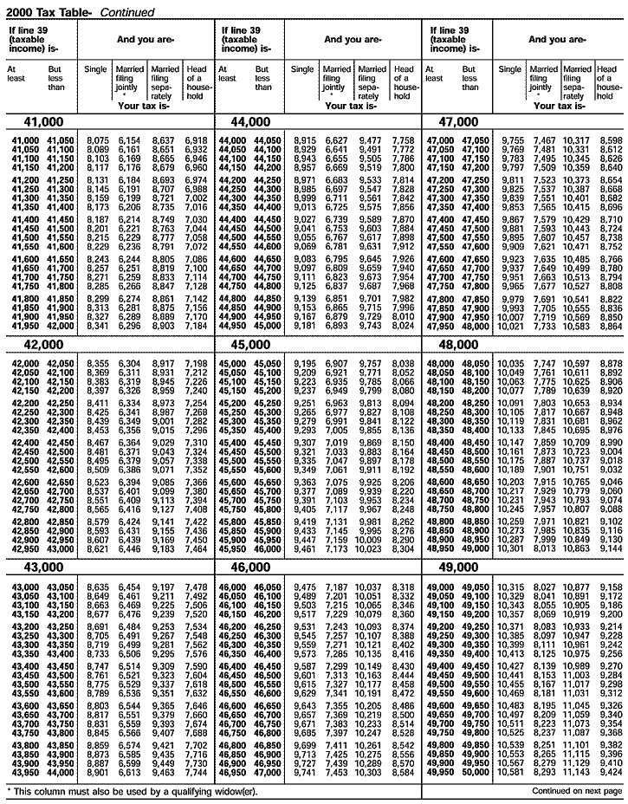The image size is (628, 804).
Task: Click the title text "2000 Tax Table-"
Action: click(x=47, y=12)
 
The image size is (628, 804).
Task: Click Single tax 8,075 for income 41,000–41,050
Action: click(x=98, y=140)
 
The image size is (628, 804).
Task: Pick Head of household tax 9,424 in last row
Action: click(x=610, y=772)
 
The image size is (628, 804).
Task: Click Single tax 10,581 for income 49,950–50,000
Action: click(x=511, y=772)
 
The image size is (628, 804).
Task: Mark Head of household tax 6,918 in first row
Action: click(x=196, y=140)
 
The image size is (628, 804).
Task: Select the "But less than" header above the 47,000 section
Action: click(x=470, y=78)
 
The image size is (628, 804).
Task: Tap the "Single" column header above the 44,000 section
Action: click(x=302, y=68)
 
